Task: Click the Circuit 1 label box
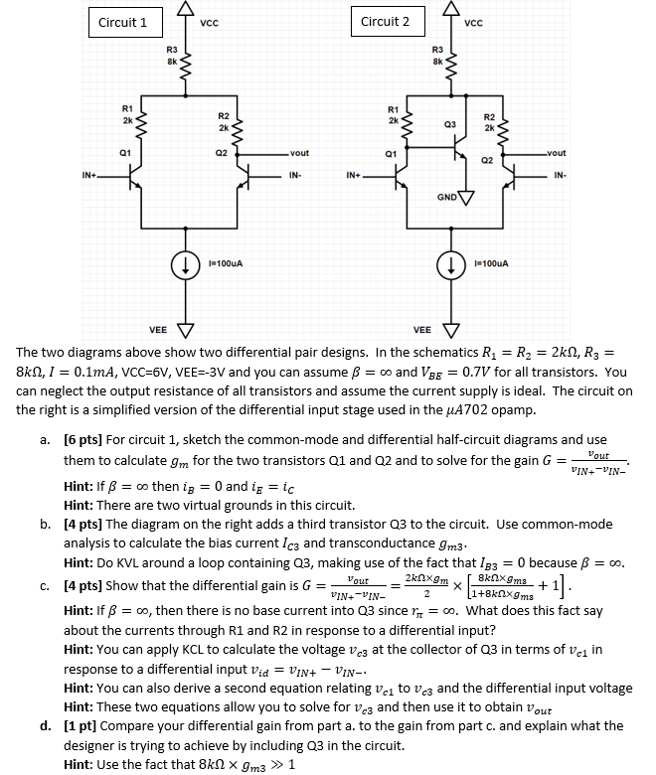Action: coord(123,22)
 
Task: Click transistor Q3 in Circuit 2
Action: coord(456,139)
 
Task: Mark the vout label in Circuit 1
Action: coord(299,154)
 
